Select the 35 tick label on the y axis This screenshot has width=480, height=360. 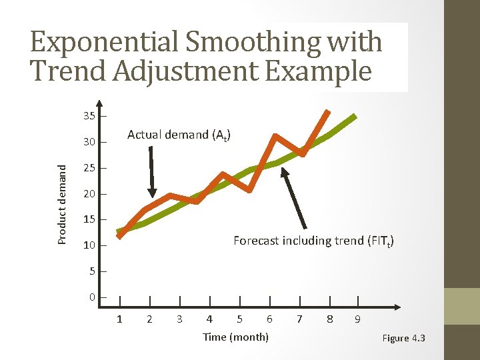[89, 117]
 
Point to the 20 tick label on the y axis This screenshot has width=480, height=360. [89, 194]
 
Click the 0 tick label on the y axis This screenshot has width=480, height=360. [93, 297]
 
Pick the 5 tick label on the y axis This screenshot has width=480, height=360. [93, 271]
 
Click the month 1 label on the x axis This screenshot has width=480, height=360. [119, 319]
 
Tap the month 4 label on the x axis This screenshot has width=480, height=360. [209, 319]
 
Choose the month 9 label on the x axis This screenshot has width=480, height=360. [358, 319]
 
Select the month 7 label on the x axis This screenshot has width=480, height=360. [299, 319]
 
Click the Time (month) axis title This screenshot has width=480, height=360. [235, 337]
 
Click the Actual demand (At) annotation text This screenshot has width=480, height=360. [179, 135]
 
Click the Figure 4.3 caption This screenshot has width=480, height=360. [403, 339]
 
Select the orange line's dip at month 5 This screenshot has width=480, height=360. [249, 191]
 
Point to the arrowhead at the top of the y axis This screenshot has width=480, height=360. [99, 104]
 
